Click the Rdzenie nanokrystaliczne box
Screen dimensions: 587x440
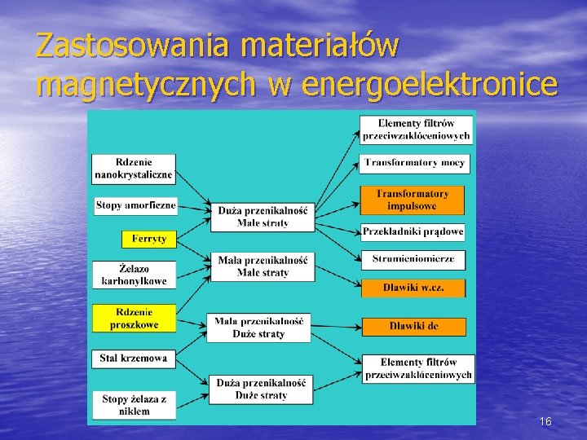tap(134, 168)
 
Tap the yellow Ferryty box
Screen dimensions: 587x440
tap(148, 239)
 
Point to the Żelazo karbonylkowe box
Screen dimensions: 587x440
tap(134, 274)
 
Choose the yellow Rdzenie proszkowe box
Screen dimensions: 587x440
tap(134, 318)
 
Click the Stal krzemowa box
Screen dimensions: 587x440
tap(134, 357)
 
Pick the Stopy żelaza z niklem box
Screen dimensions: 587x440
tap(134, 405)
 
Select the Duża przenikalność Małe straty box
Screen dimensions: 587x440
tap(262, 216)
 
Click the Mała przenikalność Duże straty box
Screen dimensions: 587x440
tap(258, 327)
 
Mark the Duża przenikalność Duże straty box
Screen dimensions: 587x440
tap(262, 389)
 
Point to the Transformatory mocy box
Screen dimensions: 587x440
tap(414, 163)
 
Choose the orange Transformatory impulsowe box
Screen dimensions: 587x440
tap(412, 200)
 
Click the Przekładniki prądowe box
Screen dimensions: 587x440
tap(413, 231)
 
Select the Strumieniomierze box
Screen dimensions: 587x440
tap(413, 259)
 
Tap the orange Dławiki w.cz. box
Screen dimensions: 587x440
tap(413, 288)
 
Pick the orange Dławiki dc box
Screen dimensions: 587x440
tap(413, 326)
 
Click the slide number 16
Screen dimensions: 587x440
tap(545, 421)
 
